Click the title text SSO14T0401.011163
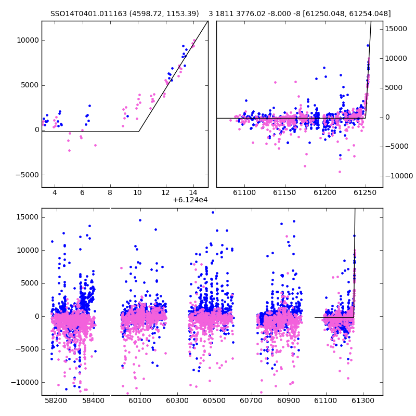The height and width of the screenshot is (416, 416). pyautogui.click(x=88, y=14)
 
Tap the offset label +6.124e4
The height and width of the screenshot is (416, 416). pyautogui.click(x=190, y=200)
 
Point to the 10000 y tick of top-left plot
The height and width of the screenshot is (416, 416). pyautogui.click(x=28, y=41)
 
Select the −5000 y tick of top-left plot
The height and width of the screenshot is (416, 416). pyautogui.click(x=28, y=175)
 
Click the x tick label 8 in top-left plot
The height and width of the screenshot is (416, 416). pyautogui.click(x=110, y=192)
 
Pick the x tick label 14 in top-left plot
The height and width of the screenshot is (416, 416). pyautogui.click(x=193, y=192)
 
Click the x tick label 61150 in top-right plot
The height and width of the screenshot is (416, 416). pyautogui.click(x=284, y=192)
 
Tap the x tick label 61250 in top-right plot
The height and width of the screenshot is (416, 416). pyautogui.click(x=365, y=192)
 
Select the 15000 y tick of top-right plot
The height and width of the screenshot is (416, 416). pyautogui.click(x=396, y=29)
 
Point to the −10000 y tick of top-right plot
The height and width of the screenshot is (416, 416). pyautogui.click(x=399, y=176)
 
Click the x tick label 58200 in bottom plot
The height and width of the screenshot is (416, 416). pyautogui.click(x=56, y=400)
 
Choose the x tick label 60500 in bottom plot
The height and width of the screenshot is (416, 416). pyautogui.click(x=214, y=400)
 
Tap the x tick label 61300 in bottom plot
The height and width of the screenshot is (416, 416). pyautogui.click(x=363, y=400)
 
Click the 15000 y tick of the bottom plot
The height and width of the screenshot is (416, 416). pyautogui.click(x=28, y=217)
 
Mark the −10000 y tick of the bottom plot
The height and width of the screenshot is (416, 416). pyautogui.click(x=25, y=383)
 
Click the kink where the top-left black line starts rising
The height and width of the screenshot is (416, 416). pyautogui.click(x=139, y=132)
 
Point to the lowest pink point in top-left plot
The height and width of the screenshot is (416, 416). pyautogui.click(x=70, y=150)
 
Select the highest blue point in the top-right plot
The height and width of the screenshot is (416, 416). pyautogui.click(x=368, y=46)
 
